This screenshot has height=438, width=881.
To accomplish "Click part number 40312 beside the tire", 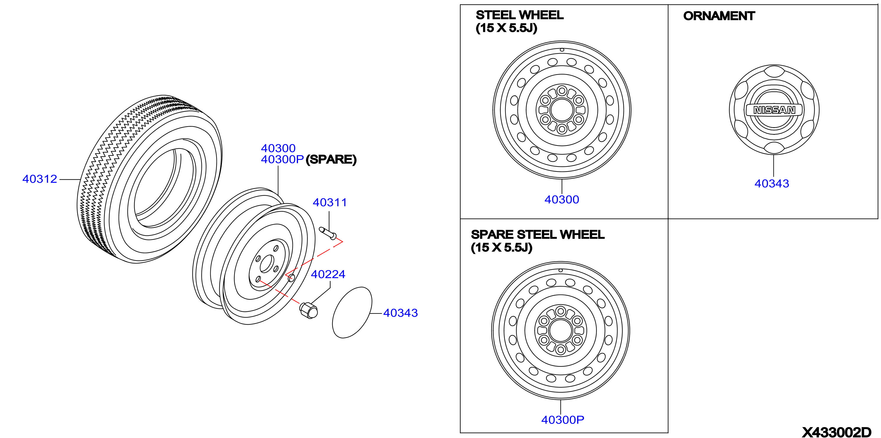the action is [40, 179].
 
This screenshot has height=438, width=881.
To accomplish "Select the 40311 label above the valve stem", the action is [330, 202].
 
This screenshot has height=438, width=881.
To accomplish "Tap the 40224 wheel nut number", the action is [328, 274].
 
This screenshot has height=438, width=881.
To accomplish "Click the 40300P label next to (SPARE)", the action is [282, 159].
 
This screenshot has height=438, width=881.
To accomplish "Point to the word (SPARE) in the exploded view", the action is [331, 159].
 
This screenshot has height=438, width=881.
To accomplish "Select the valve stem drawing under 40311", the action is [327, 233].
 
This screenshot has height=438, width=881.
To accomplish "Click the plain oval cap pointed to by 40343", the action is [352, 313].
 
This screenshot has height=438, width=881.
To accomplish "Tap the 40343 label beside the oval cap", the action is [400, 313].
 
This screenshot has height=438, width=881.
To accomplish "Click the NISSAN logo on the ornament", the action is [774, 110].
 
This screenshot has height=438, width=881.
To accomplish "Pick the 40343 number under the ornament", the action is [772, 184].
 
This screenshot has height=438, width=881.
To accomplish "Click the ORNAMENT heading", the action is [719, 16].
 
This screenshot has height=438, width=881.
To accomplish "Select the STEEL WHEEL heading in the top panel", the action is [520, 15].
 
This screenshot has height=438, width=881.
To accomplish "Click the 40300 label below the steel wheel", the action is [561, 200].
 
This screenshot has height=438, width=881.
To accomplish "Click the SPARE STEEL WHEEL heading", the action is [538, 235].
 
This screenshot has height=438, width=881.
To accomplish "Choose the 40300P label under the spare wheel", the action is [563, 420].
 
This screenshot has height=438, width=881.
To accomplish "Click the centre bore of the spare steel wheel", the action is [560, 331].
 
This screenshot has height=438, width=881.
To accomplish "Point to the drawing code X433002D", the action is [836, 432].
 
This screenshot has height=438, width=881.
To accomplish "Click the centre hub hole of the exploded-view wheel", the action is [267, 264].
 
